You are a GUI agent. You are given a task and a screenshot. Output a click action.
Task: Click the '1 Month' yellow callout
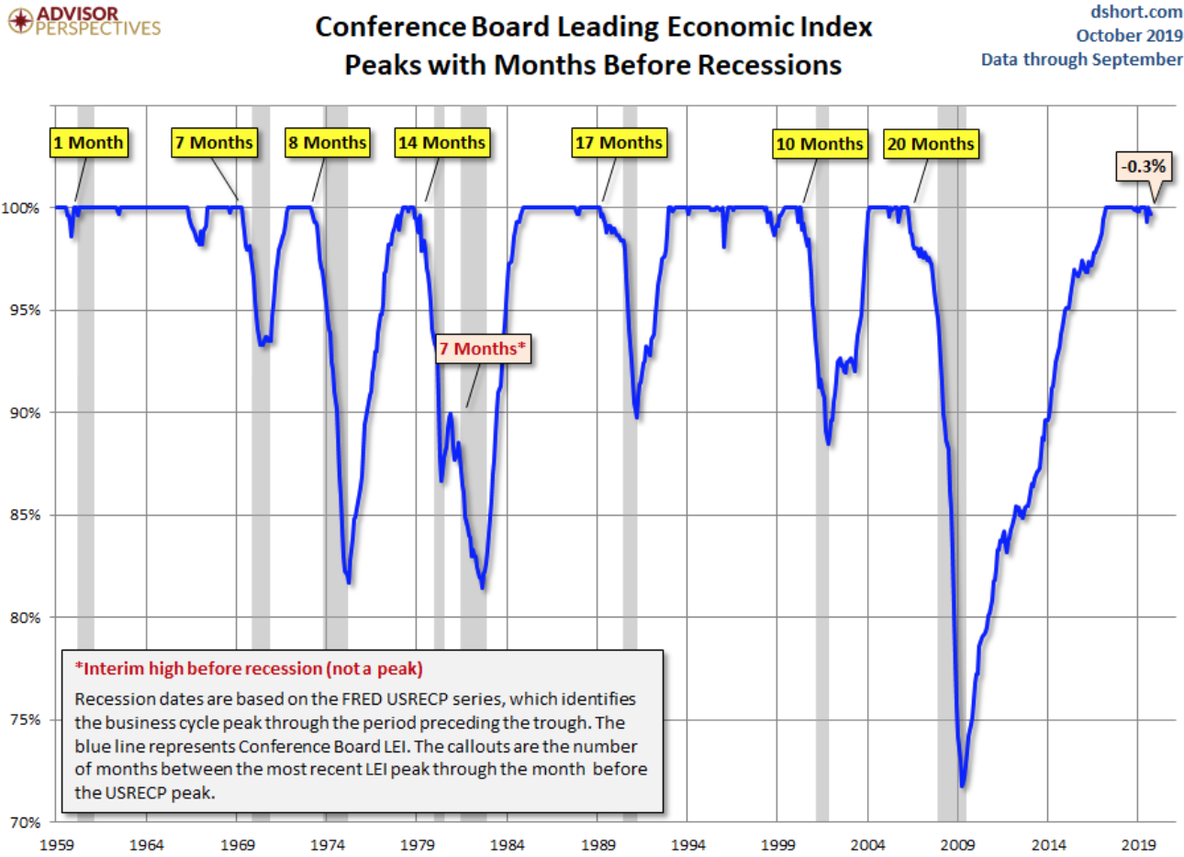tap(88, 142)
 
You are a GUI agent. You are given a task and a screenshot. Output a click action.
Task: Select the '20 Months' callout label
tap(931, 144)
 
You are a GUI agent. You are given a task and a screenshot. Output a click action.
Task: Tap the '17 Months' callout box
tap(619, 142)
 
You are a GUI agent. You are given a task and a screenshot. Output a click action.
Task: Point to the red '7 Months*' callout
tap(483, 349)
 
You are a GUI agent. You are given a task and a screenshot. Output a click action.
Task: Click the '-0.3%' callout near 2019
tap(1144, 166)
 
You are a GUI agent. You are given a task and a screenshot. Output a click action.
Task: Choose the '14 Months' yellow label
tap(441, 142)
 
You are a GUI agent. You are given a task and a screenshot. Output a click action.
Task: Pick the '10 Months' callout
tap(820, 144)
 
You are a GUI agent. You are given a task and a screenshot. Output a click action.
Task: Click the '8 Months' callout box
tap(328, 142)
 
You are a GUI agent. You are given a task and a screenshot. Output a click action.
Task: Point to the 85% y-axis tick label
tap(26, 515)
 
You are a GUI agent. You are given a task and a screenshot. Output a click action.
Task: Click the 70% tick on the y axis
tap(26, 822)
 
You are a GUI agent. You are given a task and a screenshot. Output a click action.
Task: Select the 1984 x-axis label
tap(507, 845)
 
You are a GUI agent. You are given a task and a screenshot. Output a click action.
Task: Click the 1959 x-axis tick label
tap(57, 845)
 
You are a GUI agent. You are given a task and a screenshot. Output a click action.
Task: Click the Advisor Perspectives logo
tap(84, 20)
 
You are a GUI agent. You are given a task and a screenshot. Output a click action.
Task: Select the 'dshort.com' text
tap(1136, 12)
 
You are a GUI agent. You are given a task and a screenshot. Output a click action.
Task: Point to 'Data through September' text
tap(1081, 60)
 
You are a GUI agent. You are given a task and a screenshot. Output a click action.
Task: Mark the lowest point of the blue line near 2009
tap(962, 785)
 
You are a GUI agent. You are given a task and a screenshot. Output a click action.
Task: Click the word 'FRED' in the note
tap(364, 699)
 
